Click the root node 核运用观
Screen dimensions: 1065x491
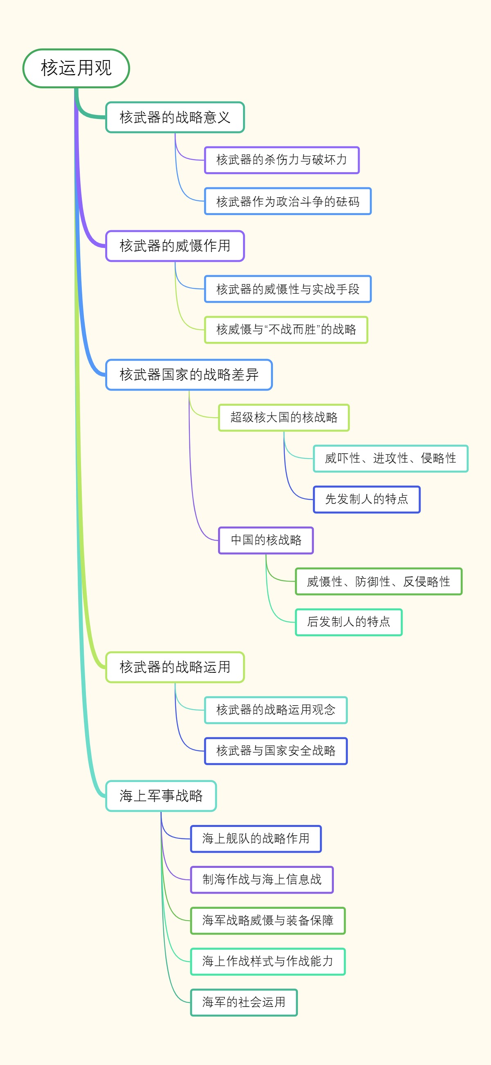[76, 68]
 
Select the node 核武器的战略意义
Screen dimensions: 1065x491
[175, 117]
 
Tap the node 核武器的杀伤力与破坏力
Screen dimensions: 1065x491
[282, 160]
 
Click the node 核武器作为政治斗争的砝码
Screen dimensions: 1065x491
[288, 201]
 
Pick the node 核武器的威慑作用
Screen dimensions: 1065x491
[175, 246]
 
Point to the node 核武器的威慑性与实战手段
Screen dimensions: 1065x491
[288, 289]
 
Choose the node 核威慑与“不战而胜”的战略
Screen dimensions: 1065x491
[286, 330]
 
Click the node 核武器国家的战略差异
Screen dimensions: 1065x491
[189, 375]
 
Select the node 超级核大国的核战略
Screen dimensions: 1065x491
[284, 418]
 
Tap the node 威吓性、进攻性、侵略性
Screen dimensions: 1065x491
[390, 458]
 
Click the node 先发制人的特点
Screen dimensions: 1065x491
[367, 499]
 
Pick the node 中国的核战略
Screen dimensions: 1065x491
[266, 540]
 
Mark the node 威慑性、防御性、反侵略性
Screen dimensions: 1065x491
[378, 581]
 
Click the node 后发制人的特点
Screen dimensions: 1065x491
[348, 622]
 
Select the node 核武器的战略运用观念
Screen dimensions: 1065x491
[276, 710]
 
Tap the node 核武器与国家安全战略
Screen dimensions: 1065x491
[276, 751]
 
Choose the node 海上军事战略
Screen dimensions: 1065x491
[161, 796]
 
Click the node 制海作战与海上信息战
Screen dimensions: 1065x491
[262, 879]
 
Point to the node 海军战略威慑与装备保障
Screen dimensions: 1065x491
[268, 920]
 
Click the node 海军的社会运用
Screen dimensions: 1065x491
[243, 1002]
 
